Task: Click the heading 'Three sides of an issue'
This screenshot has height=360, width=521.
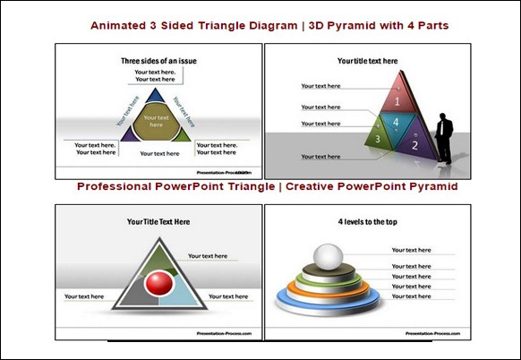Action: click(x=158, y=61)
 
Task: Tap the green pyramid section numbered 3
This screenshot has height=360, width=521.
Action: click(x=379, y=140)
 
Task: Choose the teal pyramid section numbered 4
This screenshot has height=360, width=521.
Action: click(x=397, y=124)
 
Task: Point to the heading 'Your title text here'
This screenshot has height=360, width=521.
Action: click(x=367, y=62)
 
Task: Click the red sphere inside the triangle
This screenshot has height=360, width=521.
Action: click(x=158, y=285)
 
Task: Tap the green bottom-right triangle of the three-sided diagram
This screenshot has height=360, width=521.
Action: click(x=182, y=134)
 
